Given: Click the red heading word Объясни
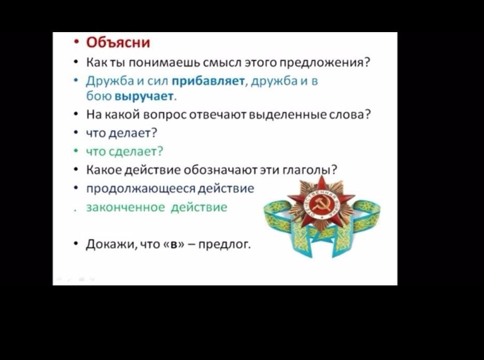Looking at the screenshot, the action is (118, 42).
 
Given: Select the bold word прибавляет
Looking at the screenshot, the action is (208, 81).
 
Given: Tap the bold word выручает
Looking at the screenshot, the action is (144, 96).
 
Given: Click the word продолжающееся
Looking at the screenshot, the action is (140, 189).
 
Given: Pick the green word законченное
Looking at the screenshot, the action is (125, 207).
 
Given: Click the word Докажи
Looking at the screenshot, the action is (110, 244).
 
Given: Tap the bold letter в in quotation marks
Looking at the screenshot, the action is (174, 244).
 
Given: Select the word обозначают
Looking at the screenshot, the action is (220, 170).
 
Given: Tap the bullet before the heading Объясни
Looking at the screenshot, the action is (76, 42).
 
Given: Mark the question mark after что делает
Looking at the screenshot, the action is (154, 133).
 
